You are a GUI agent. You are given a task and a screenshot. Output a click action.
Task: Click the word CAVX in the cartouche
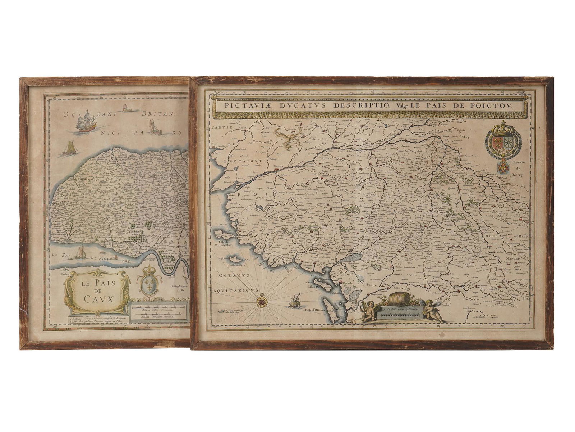coord(97,298)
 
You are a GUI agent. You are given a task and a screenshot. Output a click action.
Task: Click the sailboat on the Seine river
coord(80,253)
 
